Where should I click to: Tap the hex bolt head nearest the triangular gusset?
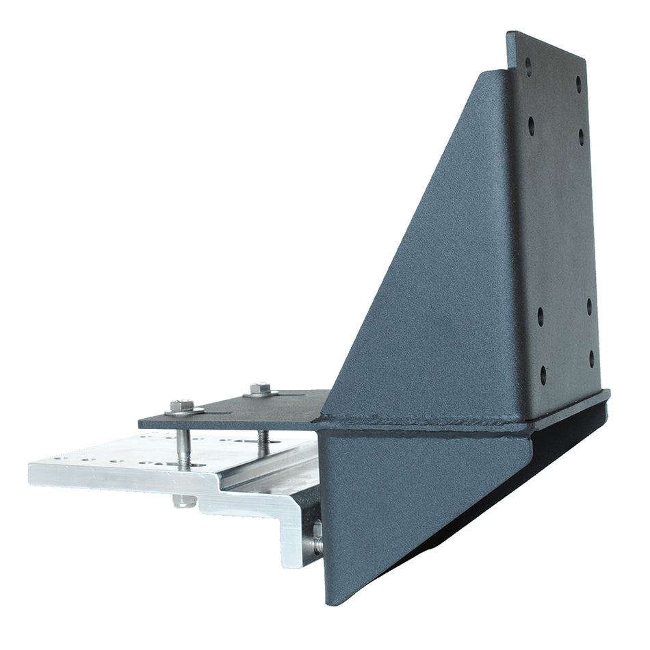tap(257, 389)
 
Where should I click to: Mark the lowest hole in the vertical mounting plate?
tap(543, 375)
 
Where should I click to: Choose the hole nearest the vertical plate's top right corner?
tap(579, 83)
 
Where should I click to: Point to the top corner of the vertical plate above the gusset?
tap(509, 32)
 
